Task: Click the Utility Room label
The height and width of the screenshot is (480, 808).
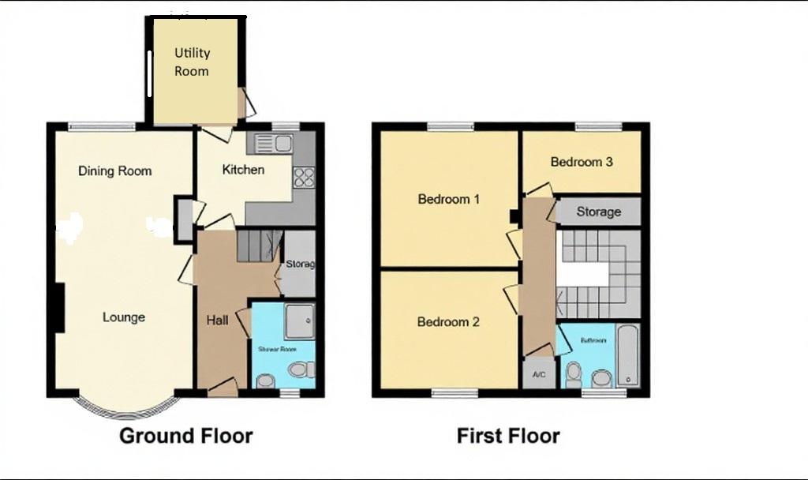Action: point(192,62)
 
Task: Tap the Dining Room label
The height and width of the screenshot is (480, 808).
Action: point(115,171)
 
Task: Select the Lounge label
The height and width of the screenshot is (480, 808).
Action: point(124,317)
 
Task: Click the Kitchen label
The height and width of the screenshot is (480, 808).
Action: point(243,170)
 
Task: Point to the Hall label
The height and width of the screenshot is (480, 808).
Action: point(218,320)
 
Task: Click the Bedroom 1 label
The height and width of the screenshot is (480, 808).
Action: point(448,199)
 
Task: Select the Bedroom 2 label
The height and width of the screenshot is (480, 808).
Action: point(448,322)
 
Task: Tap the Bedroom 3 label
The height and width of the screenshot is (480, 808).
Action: point(582,162)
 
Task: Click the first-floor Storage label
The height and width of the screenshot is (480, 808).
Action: point(598,212)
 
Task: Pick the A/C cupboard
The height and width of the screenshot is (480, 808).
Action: point(540,373)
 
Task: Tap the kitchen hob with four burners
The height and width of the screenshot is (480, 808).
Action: point(304,178)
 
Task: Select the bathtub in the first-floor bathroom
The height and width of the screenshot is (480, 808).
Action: point(628,355)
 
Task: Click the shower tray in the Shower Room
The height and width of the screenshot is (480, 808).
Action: point(299,319)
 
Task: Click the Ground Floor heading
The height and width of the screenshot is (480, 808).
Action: point(186,435)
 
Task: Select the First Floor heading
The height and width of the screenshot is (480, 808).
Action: point(508,435)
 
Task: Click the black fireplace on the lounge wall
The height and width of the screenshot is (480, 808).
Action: point(58,308)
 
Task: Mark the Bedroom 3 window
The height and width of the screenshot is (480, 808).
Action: point(598,126)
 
